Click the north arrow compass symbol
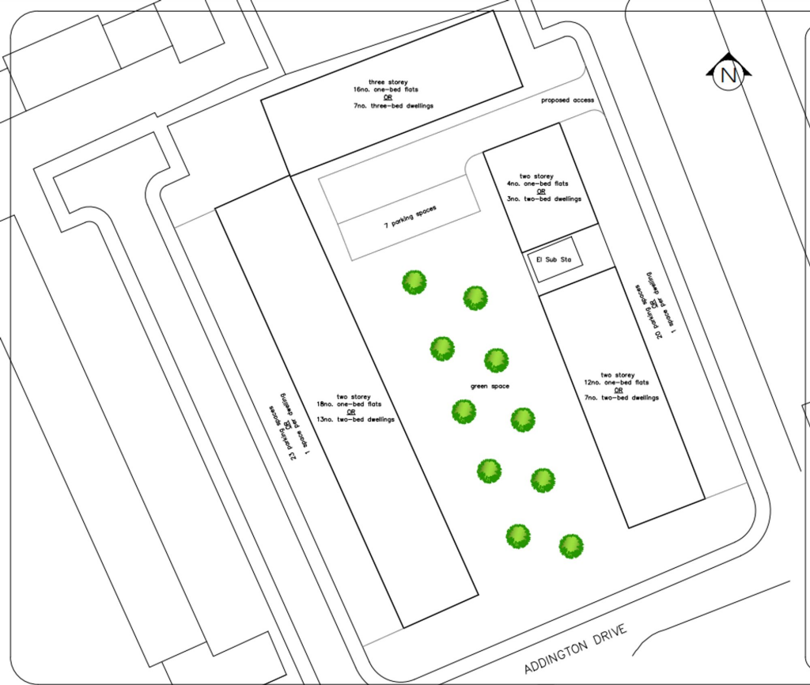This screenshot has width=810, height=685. click(x=729, y=74)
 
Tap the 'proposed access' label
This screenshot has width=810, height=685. click(x=567, y=100)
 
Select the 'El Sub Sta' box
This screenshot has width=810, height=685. click(x=555, y=259)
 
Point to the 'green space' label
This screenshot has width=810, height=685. click(x=490, y=386)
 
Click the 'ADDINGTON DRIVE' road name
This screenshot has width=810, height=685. click(x=575, y=645)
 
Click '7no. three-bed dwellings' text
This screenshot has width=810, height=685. click(x=393, y=105)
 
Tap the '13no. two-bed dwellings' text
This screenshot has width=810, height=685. click(x=356, y=419)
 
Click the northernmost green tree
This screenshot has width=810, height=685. click(x=414, y=282)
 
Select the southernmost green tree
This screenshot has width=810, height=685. click(x=571, y=546)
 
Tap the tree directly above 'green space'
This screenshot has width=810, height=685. click(x=496, y=360)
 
